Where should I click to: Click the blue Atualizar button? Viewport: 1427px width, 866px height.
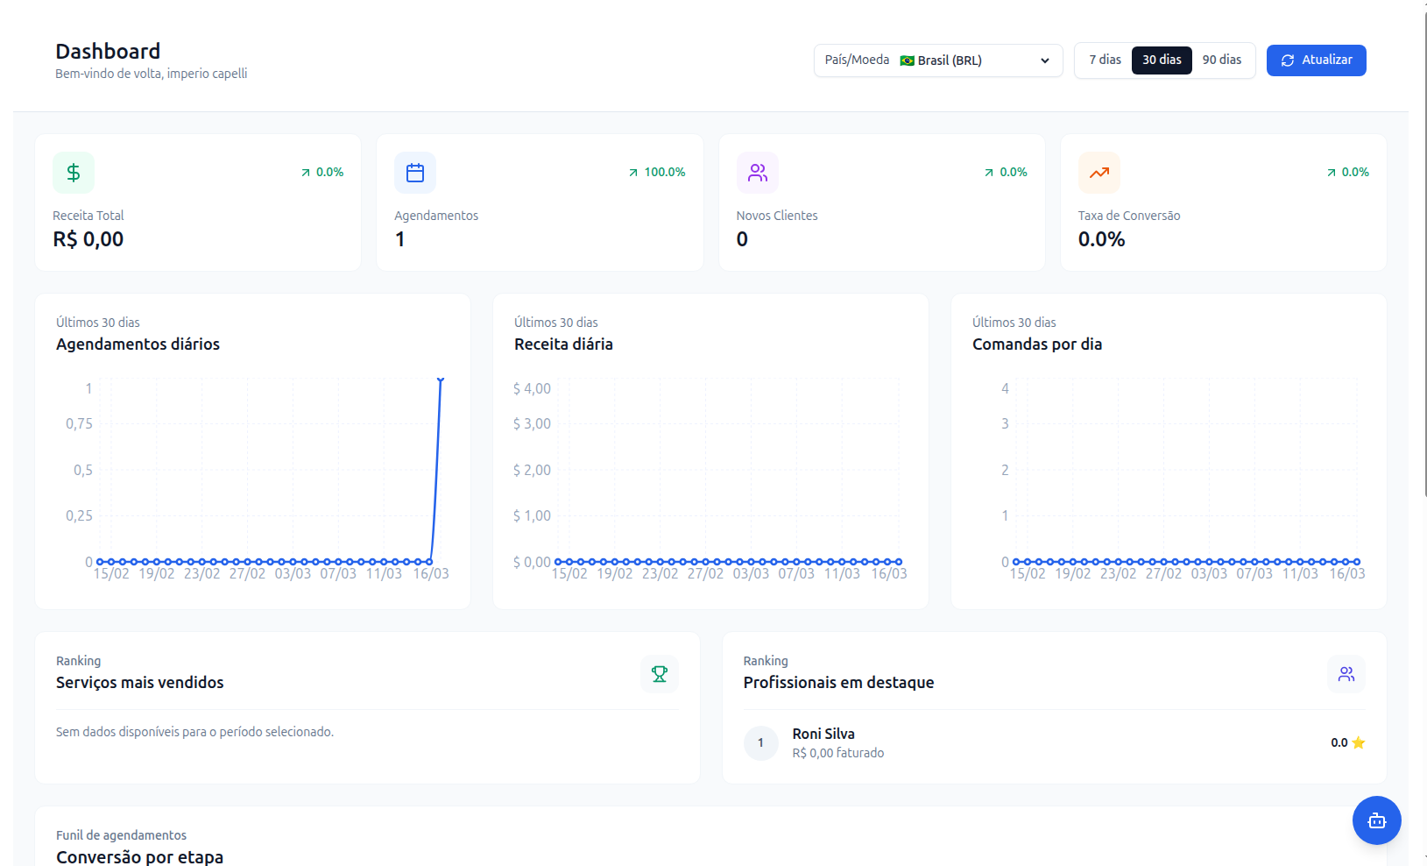(1316, 60)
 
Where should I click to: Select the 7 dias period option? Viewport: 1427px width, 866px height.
(1105, 60)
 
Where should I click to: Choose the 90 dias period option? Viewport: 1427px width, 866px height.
(1222, 60)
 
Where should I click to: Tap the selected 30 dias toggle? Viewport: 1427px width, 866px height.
(1162, 60)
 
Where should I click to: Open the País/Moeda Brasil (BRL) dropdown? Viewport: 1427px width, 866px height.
(938, 60)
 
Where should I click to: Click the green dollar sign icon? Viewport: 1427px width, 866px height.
(74, 173)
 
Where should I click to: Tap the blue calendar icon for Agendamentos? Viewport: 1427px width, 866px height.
(415, 173)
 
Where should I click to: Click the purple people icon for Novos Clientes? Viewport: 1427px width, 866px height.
(758, 173)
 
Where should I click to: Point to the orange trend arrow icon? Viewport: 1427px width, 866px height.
(1099, 173)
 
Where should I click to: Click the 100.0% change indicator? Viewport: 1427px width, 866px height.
(657, 172)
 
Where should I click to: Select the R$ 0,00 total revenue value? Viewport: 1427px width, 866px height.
(88, 239)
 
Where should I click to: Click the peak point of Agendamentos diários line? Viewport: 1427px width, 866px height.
(441, 380)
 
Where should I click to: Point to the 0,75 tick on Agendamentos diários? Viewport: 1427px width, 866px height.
(79, 423)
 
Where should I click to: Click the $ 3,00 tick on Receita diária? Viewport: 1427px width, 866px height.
(532, 423)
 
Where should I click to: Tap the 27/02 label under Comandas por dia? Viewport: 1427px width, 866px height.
(1163, 573)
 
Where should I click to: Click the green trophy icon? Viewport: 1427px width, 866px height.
(660, 674)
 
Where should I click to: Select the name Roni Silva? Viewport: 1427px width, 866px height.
(823, 735)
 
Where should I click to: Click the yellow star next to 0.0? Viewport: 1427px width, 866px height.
(1358, 742)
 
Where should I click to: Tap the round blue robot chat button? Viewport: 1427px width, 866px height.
(1377, 820)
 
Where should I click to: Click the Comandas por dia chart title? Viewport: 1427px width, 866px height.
(1036, 344)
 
